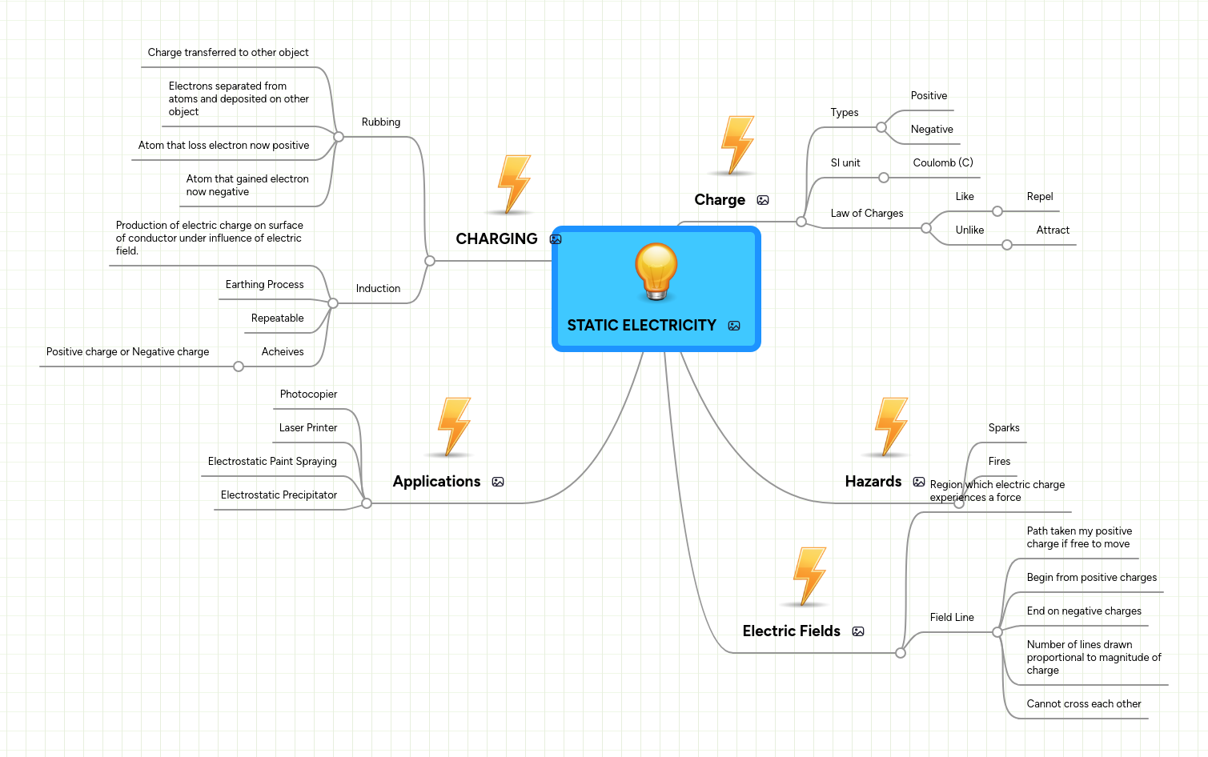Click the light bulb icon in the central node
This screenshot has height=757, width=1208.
point(656,271)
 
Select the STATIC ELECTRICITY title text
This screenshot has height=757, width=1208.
point(641,326)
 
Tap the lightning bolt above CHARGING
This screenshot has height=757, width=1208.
point(514,184)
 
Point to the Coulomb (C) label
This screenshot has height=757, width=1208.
point(942,163)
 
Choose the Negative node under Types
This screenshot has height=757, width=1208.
point(931,130)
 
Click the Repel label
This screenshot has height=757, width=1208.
point(1039,197)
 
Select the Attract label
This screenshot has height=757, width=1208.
point(1052,230)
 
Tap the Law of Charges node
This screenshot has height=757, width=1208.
point(866,214)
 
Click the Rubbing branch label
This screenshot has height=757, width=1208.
point(380,122)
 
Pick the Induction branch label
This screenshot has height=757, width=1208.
point(378,289)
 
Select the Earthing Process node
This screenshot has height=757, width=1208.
point(264,285)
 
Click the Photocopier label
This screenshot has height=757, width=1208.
point(308,395)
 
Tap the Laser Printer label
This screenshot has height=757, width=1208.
point(307,428)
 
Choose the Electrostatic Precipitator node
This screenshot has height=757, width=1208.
point(279,495)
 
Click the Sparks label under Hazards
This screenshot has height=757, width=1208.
point(1003,428)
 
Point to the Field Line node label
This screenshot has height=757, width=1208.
point(951,618)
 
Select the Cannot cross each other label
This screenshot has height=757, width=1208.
point(1083,704)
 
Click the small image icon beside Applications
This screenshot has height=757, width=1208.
point(498,482)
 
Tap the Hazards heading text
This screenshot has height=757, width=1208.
point(873,482)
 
